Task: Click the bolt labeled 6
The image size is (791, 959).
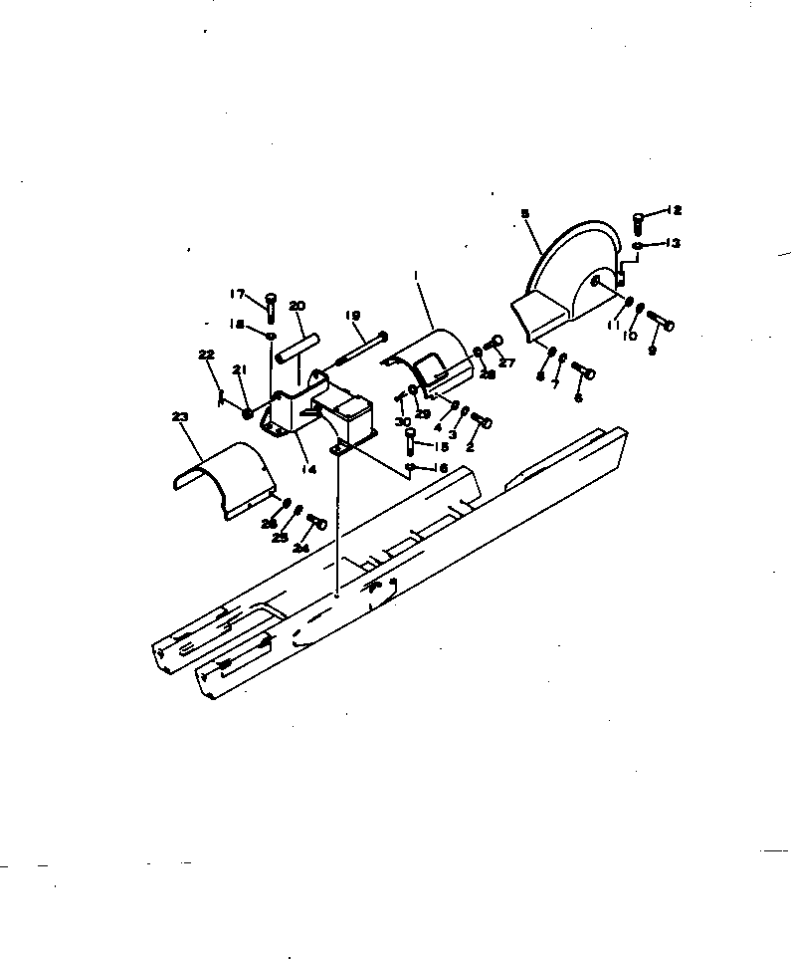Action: click(584, 372)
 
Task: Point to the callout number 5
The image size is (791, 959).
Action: click(524, 212)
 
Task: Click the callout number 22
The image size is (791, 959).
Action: click(206, 355)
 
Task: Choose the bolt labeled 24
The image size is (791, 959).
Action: click(317, 522)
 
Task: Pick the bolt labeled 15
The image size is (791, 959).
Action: click(410, 435)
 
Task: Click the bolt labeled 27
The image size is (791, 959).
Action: click(491, 344)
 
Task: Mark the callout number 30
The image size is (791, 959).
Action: click(402, 422)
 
